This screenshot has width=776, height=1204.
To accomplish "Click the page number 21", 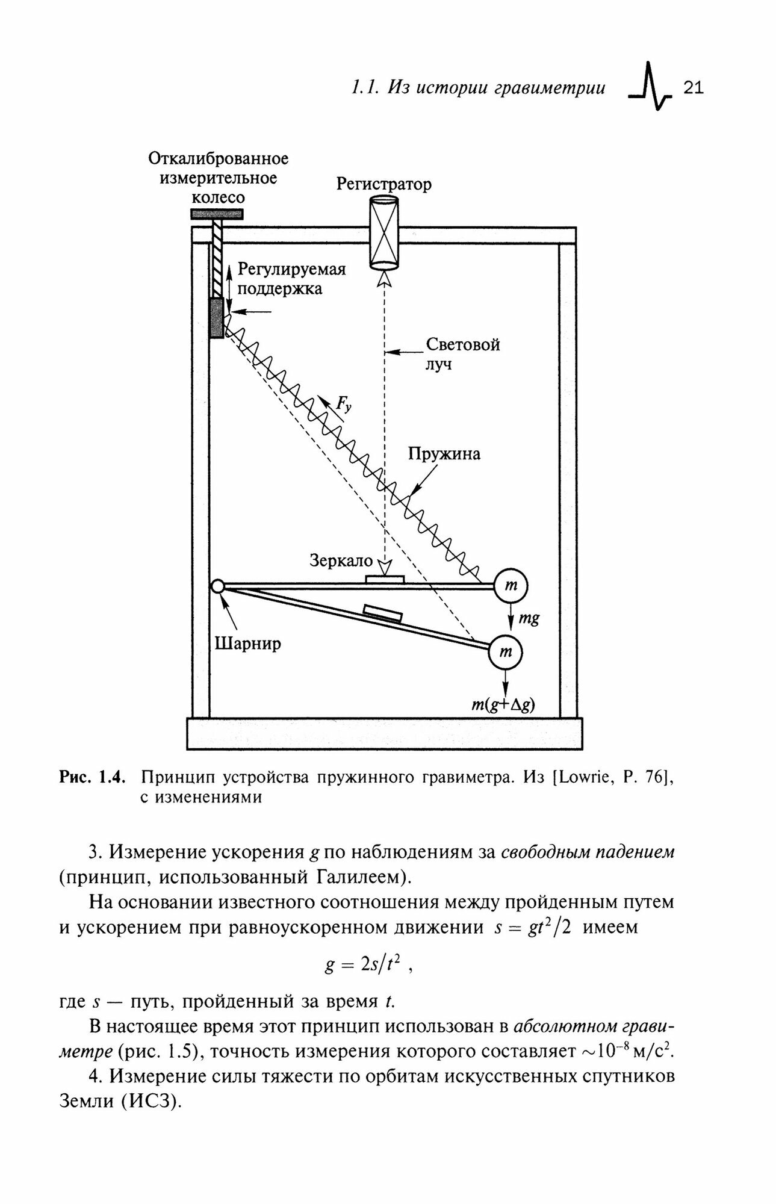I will (x=694, y=88).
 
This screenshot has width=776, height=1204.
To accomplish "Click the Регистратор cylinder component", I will (x=383, y=234).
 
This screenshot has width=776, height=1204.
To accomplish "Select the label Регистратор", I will (x=383, y=184).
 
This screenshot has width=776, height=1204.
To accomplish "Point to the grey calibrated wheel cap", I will (x=217, y=214).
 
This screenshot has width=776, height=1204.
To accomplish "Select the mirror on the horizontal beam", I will (x=384, y=579).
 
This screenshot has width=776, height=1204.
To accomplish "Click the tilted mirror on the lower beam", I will (x=382, y=613).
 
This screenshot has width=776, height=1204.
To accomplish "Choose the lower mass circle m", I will (x=506, y=652).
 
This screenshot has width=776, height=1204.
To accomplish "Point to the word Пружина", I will (x=444, y=453).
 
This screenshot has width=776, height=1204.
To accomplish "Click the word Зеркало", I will (x=341, y=560).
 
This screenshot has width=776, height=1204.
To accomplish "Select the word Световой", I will (x=463, y=345).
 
